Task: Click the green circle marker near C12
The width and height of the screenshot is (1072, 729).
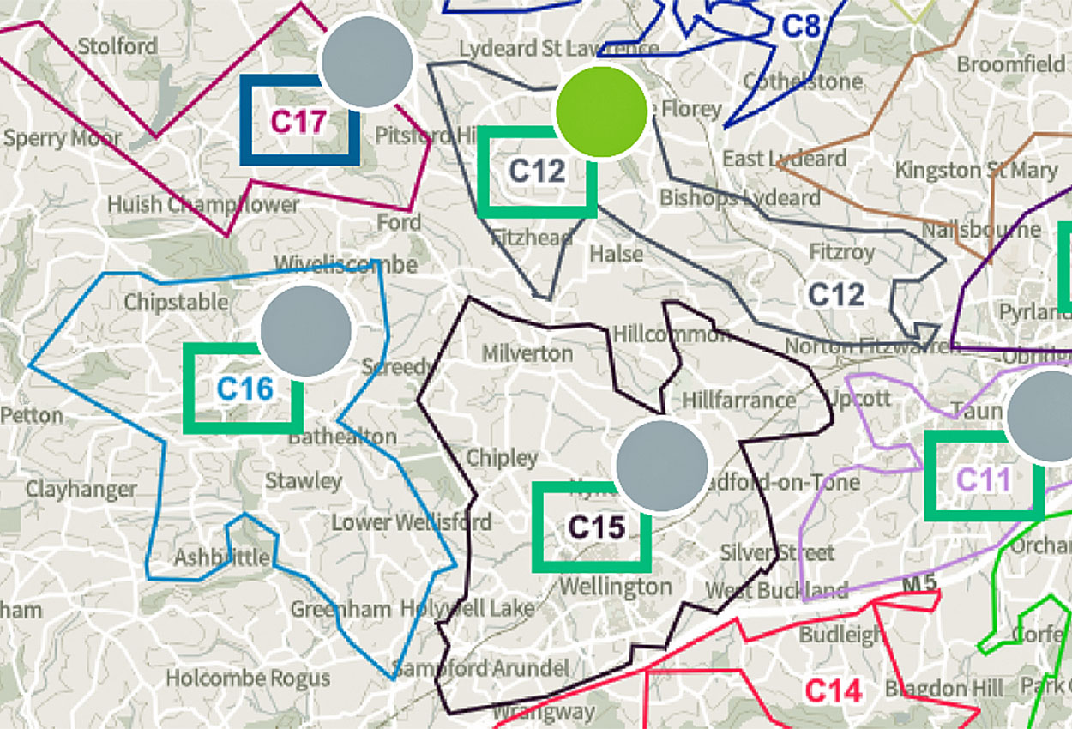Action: (601, 111)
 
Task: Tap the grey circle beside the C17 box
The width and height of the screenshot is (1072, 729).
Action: (367, 62)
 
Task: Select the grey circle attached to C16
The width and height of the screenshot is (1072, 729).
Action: (306, 331)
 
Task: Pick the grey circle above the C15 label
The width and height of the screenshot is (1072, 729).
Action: (662, 467)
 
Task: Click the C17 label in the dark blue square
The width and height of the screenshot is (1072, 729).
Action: (298, 122)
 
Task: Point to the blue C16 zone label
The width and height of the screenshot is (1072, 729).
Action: (244, 389)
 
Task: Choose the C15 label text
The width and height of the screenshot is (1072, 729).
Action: (597, 527)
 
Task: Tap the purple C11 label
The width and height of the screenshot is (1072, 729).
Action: (984, 479)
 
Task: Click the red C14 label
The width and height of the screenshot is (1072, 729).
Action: (833, 690)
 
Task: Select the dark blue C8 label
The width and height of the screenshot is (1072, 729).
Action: (802, 26)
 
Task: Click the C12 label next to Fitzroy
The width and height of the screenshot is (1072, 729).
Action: (836, 295)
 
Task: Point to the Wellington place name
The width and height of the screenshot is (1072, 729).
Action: (615, 587)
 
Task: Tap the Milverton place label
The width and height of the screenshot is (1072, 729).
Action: (527, 353)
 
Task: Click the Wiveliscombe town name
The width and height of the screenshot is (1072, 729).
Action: (345, 262)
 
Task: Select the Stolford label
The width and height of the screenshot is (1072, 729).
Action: (117, 45)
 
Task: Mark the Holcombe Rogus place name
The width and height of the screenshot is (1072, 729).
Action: (248, 678)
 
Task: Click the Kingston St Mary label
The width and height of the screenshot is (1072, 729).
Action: (976, 171)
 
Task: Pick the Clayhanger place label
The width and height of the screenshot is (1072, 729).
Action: (81, 490)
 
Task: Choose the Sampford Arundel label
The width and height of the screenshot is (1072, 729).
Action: (480, 668)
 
